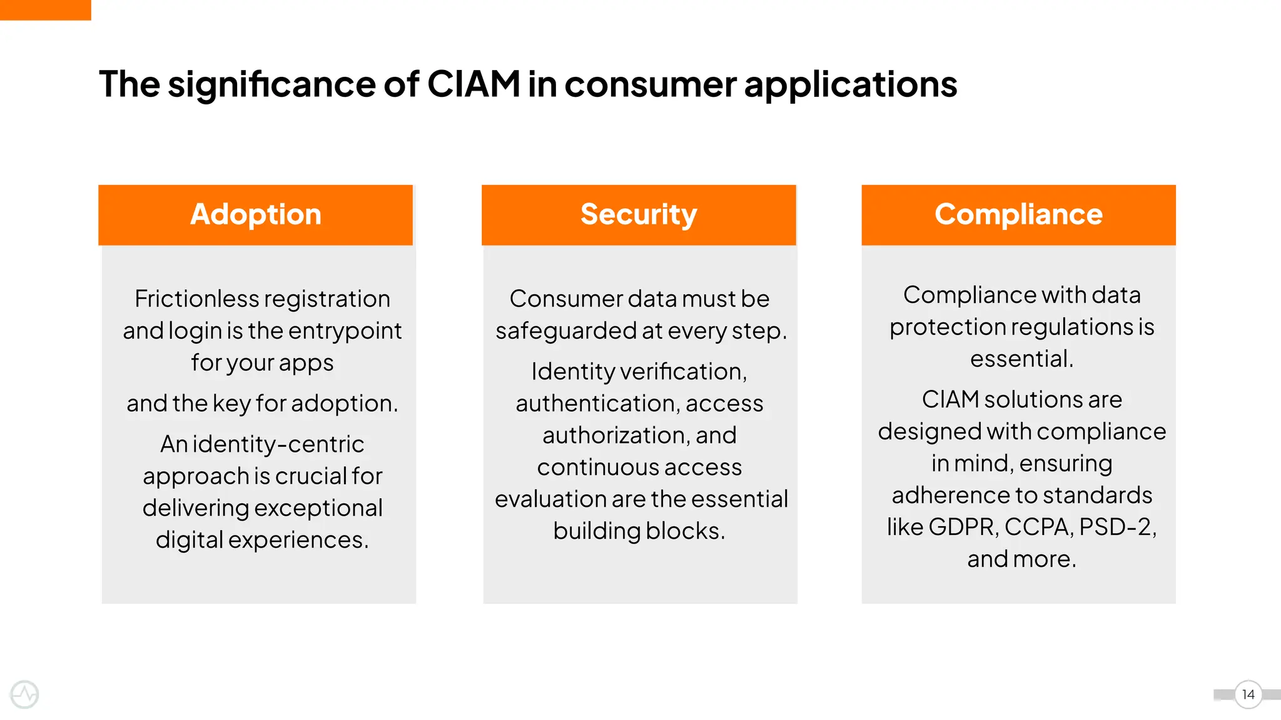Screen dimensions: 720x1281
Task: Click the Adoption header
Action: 255,214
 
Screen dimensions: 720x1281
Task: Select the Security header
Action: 639,214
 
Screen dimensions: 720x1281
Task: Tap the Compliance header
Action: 1018,214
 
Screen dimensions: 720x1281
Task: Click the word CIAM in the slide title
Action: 473,84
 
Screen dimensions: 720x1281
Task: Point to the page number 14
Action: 1248,694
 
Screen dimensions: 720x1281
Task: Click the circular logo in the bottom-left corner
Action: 25,694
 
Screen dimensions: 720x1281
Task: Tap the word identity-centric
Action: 278,444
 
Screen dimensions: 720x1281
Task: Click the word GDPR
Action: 963,527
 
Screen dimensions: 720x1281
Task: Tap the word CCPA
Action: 1039,527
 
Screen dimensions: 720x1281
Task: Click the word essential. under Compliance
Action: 1021,359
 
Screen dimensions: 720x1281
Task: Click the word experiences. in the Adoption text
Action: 298,540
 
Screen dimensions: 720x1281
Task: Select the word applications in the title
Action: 850,84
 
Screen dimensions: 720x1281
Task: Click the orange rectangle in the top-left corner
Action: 45,9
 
